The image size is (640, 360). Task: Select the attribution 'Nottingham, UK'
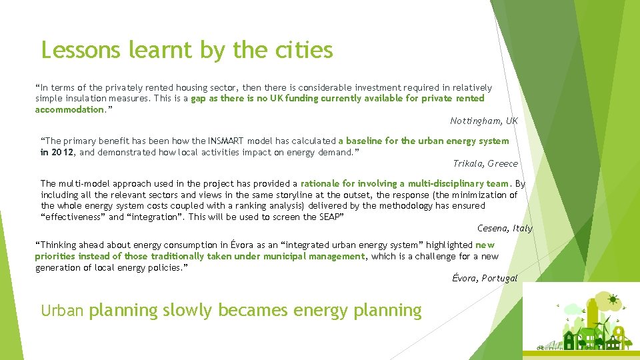(483, 121)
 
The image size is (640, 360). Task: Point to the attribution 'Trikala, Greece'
(485, 163)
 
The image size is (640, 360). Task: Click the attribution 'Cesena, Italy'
(505, 228)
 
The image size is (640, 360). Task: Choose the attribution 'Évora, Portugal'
(484, 278)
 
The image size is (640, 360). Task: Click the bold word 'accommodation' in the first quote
(70, 109)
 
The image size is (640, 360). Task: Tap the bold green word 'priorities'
(55, 256)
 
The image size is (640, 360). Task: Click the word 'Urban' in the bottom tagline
(62, 311)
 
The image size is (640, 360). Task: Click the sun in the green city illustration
(612, 298)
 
